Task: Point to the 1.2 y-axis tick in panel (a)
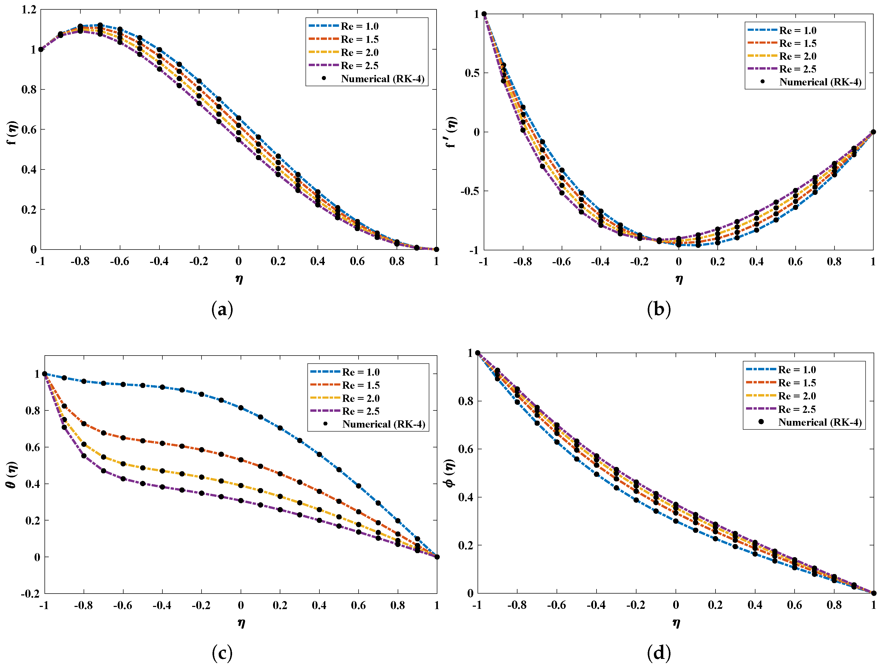click(29, 10)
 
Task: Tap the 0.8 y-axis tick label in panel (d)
click(465, 401)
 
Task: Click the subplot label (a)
click(222, 310)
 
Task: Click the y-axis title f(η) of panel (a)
click(13, 133)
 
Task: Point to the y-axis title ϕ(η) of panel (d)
click(450, 473)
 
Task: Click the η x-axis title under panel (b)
click(679, 279)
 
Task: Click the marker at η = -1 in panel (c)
click(45, 374)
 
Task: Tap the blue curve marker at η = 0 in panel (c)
click(241, 407)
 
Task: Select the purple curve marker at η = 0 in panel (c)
click(241, 500)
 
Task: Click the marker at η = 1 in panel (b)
click(873, 132)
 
